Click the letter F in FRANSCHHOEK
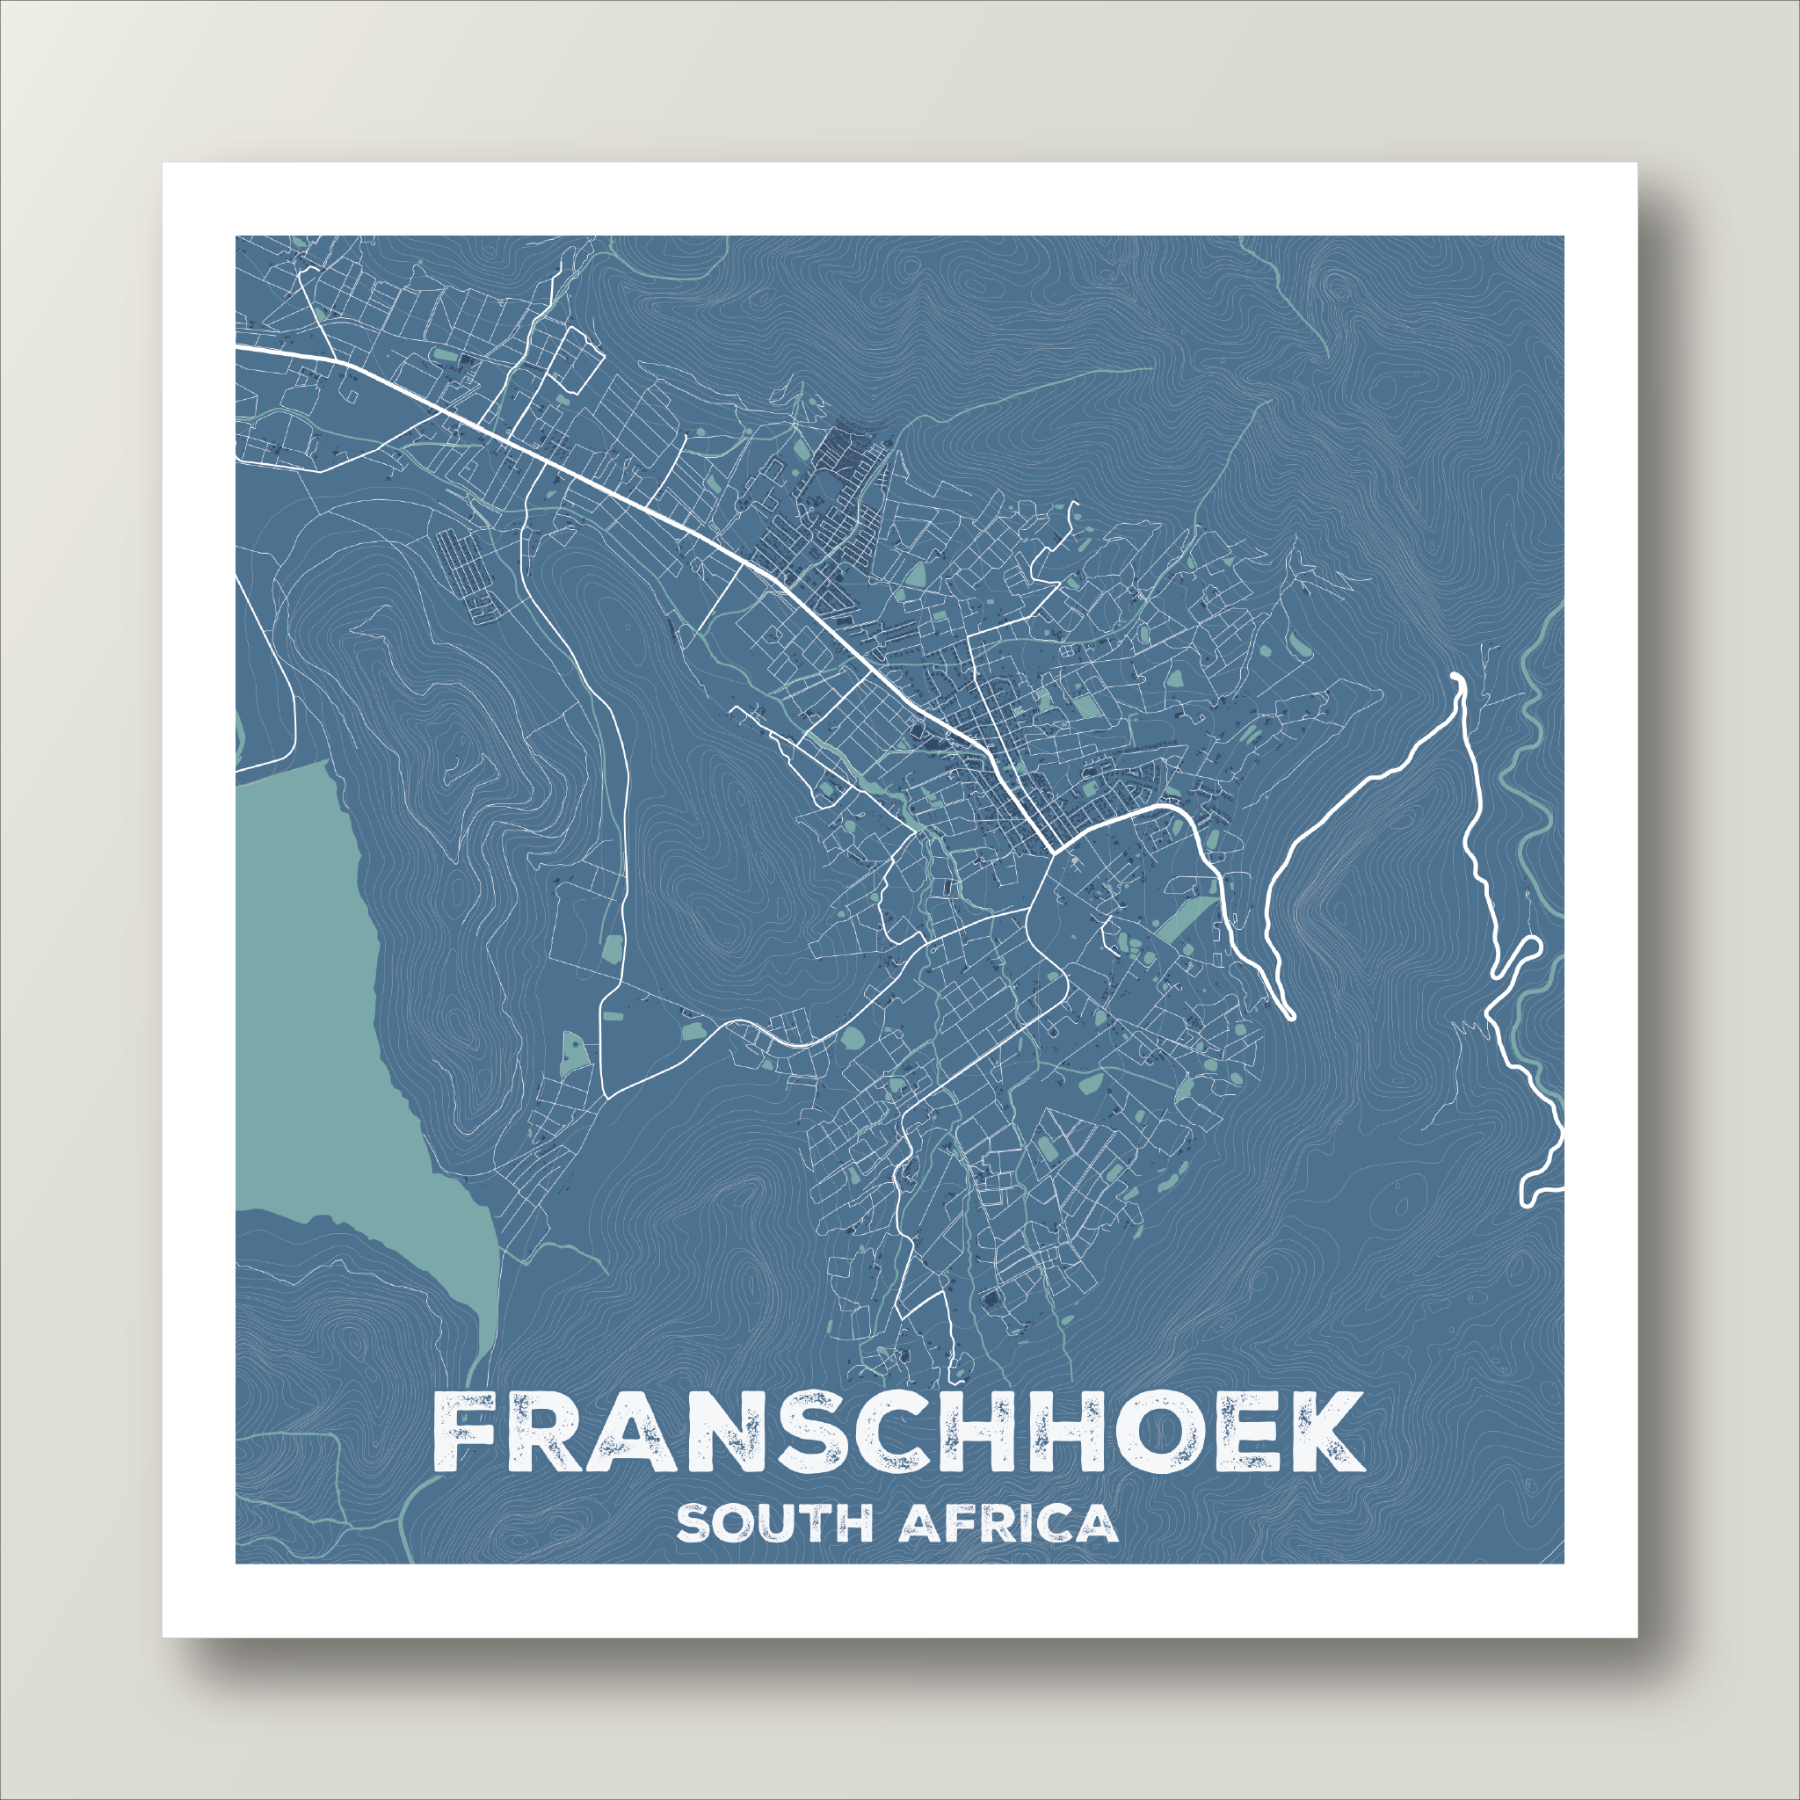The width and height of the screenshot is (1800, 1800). [469, 1433]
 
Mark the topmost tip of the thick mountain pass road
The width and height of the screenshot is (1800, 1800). [1457, 676]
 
